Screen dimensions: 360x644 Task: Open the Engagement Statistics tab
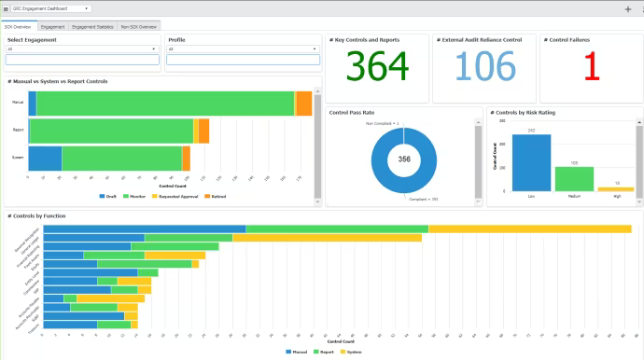pyautogui.click(x=92, y=27)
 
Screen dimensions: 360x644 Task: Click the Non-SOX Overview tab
pyautogui.click(x=138, y=27)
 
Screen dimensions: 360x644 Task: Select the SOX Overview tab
pyautogui.click(x=18, y=27)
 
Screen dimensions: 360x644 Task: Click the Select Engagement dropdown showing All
pyautogui.click(x=81, y=49)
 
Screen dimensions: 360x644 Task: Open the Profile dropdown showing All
pyautogui.click(x=243, y=49)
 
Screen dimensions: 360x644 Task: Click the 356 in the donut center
pyautogui.click(x=403, y=159)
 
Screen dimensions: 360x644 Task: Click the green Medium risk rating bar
pyautogui.click(x=574, y=179)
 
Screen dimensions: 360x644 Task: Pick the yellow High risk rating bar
pyautogui.click(x=616, y=189)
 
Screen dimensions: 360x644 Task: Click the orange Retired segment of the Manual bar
pyautogui.click(x=303, y=103)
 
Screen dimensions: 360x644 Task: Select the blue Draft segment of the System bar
pyautogui.click(x=45, y=159)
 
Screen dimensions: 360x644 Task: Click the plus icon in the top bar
pyautogui.click(x=627, y=8)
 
